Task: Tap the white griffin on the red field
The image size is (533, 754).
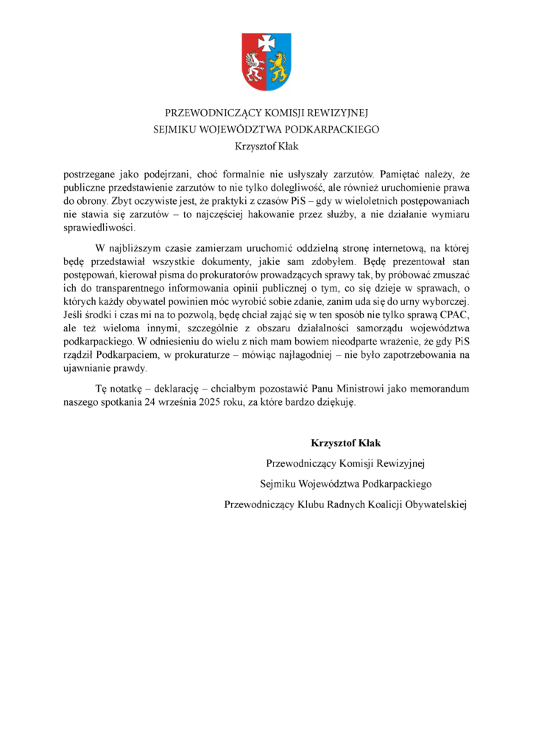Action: (255, 66)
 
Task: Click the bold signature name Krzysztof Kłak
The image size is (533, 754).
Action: (345, 443)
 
